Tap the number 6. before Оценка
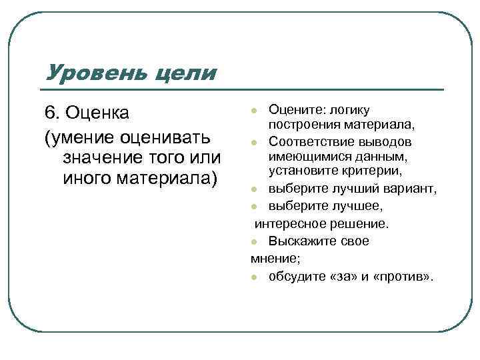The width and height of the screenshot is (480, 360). tap(53, 114)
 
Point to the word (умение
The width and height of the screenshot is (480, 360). tap(78, 137)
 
